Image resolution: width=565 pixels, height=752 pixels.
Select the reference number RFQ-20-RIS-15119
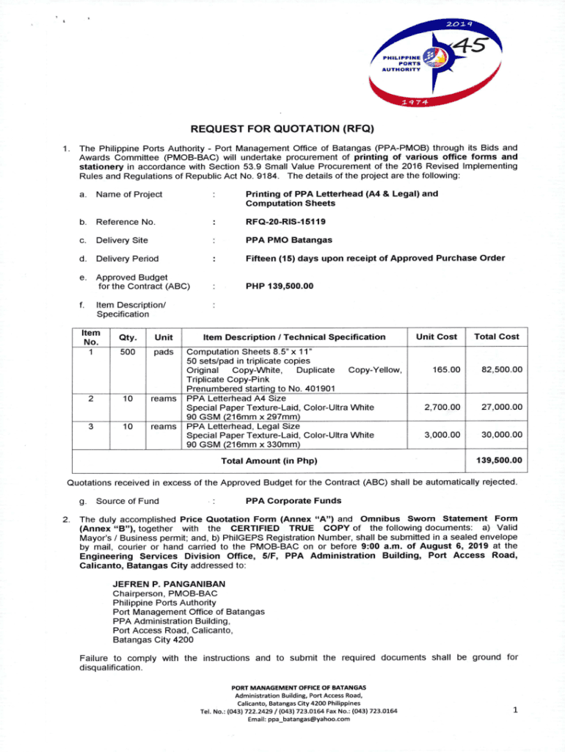(x=286, y=220)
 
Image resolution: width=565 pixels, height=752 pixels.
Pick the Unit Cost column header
(x=436, y=336)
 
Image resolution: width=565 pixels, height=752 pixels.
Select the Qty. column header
(x=118, y=337)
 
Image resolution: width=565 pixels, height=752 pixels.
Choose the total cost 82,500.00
(x=497, y=369)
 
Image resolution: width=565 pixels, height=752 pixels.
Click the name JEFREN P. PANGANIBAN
(x=169, y=584)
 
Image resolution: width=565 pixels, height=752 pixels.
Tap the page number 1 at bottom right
(x=517, y=709)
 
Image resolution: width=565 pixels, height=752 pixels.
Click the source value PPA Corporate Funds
(x=294, y=501)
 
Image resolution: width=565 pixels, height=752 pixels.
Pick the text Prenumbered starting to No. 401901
(x=261, y=388)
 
